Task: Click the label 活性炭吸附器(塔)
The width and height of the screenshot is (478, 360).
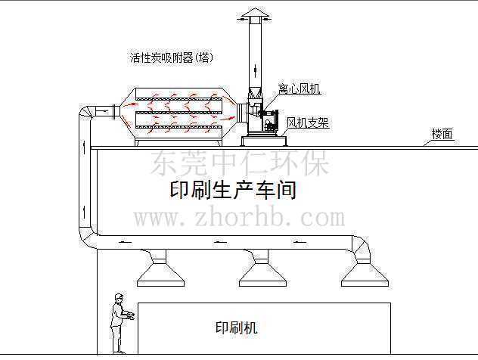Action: pos(171,57)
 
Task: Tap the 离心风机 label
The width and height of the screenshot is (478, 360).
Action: pos(299,88)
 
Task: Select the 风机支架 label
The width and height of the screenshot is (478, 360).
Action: pos(307,123)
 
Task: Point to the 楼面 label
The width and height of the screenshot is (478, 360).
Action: pos(442,134)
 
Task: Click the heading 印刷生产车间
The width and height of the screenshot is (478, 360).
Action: pos(233,191)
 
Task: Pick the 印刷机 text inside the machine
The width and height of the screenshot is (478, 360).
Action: pos(236,327)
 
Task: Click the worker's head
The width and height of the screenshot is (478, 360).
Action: pos(119,297)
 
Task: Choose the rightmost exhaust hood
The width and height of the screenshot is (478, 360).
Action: pos(365,272)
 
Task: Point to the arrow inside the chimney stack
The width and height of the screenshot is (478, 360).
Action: pos(255,70)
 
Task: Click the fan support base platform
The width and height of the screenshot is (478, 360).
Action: pos(264,141)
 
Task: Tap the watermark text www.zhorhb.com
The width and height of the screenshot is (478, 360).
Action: pos(240,218)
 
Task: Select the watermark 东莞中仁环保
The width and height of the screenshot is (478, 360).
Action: pos(240,163)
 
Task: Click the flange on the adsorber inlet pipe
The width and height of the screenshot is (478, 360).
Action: pos(115,112)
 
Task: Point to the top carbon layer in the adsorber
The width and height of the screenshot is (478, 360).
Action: pos(179,99)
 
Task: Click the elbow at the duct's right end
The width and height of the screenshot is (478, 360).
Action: pos(362,247)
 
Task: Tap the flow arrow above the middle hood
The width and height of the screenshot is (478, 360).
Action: pos(220,243)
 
